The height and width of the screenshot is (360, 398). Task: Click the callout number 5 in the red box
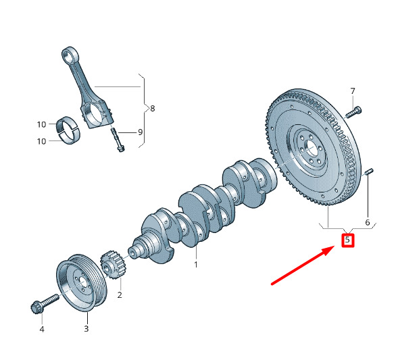347,240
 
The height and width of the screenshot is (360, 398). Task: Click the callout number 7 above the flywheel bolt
353,91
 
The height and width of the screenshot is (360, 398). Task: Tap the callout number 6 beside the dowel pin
368,222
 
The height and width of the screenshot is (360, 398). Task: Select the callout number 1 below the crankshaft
196,265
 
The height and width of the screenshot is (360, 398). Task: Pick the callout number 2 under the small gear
120,294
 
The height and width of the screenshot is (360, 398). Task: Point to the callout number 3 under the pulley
86,328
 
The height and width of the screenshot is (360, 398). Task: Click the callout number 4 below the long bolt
42,330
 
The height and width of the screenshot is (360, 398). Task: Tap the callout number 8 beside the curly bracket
152,109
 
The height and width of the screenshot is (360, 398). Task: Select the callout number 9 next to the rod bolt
140,132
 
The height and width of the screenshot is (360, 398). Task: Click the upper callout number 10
42,124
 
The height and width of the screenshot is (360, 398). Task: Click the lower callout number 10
42,141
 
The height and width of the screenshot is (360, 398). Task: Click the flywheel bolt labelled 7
354,112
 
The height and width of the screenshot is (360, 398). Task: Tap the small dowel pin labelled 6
370,172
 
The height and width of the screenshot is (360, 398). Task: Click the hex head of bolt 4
35,308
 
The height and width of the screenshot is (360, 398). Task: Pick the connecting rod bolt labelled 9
117,139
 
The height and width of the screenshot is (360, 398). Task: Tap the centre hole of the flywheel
312,149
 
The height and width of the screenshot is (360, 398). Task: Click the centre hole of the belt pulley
82,281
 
